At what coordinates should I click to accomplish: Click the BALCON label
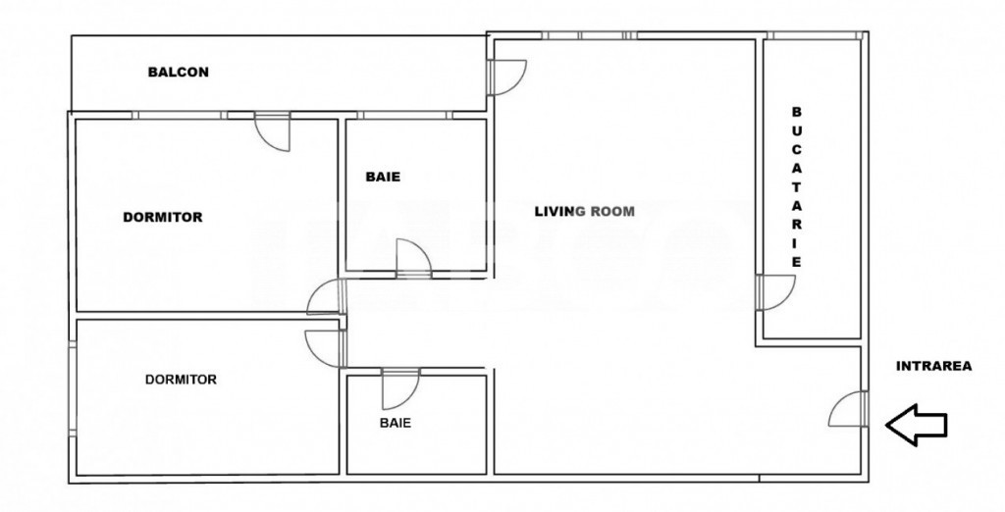(x=179, y=72)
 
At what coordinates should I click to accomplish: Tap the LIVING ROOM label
(x=585, y=211)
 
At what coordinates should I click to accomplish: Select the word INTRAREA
(x=934, y=366)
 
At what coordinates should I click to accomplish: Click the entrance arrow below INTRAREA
(x=916, y=424)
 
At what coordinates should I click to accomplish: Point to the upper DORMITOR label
(x=163, y=217)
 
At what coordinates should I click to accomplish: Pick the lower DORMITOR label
(x=181, y=380)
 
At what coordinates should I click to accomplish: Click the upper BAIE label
(x=384, y=177)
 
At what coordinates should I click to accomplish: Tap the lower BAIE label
(x=396, y=423)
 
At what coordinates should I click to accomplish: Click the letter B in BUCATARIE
(x=796, y=112)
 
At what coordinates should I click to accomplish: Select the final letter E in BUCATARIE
(x=796, y=262)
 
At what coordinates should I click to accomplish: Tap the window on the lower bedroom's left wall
(x=73, y=388)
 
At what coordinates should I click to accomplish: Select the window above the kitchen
(x=814, y=35)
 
